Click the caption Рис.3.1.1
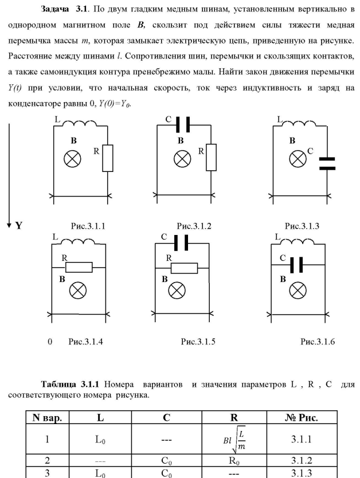pos(88,226)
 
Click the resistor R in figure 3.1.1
pos(107,158)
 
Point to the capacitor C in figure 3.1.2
pos(182,124)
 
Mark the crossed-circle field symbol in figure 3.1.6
pos(298,291)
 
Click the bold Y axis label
pos(18,226)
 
